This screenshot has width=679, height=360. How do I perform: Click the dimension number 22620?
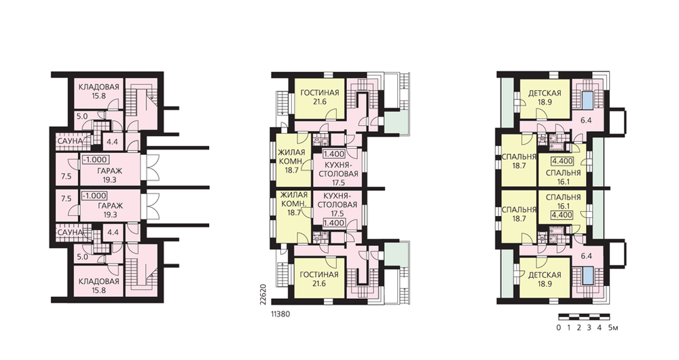pyautogui.click(x=265, y=296)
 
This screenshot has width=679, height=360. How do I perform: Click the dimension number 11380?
pyautogui.click(x=280, y=314)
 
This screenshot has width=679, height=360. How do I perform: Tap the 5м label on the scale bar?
pyautogui.click(x=612, y=327)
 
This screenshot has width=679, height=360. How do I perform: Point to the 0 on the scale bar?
pyautogui.click(x=559, y=327)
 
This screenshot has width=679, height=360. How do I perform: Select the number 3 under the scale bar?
pyautogui.click(x=589, y=327)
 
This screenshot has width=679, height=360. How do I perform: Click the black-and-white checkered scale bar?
pyautogui.click(x=584, y=317)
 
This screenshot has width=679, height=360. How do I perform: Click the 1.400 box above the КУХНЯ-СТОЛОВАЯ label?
pyautogui.click(x=334, y=154)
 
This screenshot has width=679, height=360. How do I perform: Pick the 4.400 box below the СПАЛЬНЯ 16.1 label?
pyautogui.click(x=562, y=215)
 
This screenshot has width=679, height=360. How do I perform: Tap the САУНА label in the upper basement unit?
pyautogui.click(x=70, y=142)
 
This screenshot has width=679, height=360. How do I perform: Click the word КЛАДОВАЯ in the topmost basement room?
pyautogui.click(x=98, y=87)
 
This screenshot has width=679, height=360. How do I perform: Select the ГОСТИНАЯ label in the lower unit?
pyautogui.click(x=319, y=274)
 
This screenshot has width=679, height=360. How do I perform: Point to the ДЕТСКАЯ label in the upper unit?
pyautogui.click(x=545, y=93)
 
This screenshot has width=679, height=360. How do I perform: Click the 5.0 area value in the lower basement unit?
pyautogui.click(x=82, y=257)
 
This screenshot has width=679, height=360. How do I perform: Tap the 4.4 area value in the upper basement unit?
pyautogui.click(x=112, y=142)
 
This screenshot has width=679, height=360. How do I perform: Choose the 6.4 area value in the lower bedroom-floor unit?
pyautogui.click(x=586, y=256)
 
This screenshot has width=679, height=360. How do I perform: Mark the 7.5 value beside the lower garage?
pyautogui.click(x=67, y=199)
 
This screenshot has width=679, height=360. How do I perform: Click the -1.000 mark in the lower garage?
pyautogui.click(x=95, y=196)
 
